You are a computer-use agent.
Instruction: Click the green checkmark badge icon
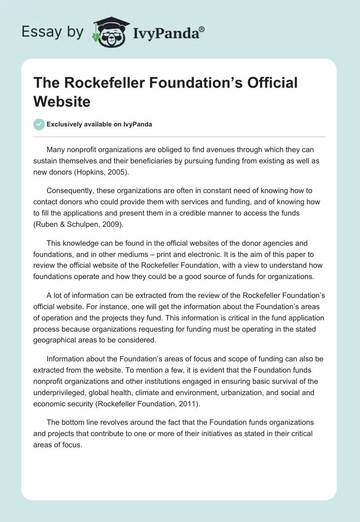pyautogui.click(x=39, y=124)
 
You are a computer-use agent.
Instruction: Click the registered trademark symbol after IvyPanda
pyautogui.click(x=202, y=29)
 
